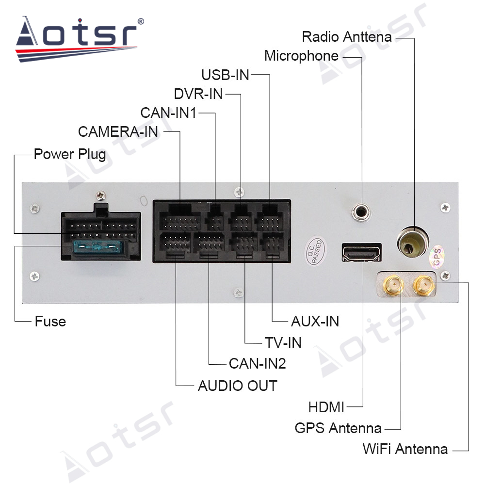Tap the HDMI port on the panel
coord(361,252)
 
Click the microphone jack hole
coord(361,212)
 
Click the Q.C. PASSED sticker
coord(316,251)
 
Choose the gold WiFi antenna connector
coord(424,285)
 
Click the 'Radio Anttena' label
coord(347,37)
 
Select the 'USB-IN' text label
coord(225,75)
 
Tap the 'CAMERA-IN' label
coord(118,132)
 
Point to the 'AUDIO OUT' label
coord(238,386)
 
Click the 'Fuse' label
coord(50,322)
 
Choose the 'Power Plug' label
coord(70,154)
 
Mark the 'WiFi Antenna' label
coord(405,449)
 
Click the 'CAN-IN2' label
coord(258,363)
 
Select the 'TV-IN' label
coord(283,343)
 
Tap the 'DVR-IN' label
coord(198,94)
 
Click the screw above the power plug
coord(100,195)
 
